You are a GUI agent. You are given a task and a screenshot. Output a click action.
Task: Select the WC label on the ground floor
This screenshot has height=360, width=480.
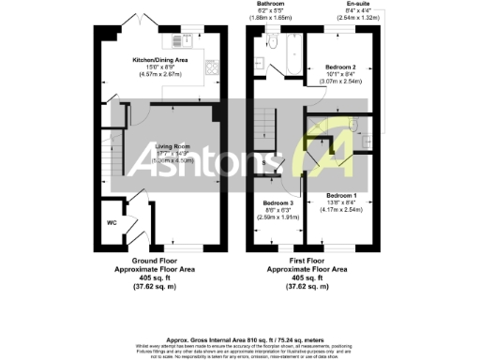tap(111, 222)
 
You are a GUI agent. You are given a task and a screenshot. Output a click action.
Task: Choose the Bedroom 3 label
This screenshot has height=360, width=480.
tap(278, 203)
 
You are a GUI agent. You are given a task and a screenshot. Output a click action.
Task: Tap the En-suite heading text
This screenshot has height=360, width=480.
tap(356, 4)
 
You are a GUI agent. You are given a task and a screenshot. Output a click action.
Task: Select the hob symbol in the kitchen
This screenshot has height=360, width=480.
tap(211, 67)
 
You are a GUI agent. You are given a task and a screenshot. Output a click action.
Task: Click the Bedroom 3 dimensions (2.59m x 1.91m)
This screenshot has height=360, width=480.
tap(278, 217)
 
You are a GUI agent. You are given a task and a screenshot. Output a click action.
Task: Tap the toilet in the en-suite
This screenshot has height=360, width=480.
tap(354, 124)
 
